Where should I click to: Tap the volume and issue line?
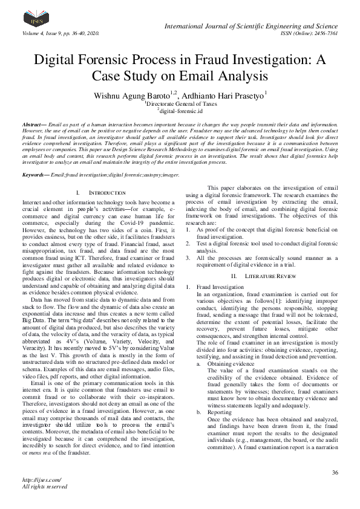tap(60, 33)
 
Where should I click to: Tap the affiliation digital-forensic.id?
tap(180, 111)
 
